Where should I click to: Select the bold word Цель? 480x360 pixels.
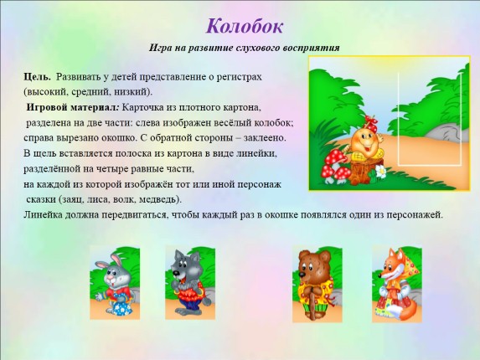(x=38, y=76)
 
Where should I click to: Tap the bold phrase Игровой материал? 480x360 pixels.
(x=73, y=107)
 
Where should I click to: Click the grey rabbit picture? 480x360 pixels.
(x=115, y=284)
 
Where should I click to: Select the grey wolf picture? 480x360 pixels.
(x=191, y=284)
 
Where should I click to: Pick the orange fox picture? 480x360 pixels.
(x=395, y=284)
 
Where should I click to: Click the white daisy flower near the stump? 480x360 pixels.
(x=381, y=171)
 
